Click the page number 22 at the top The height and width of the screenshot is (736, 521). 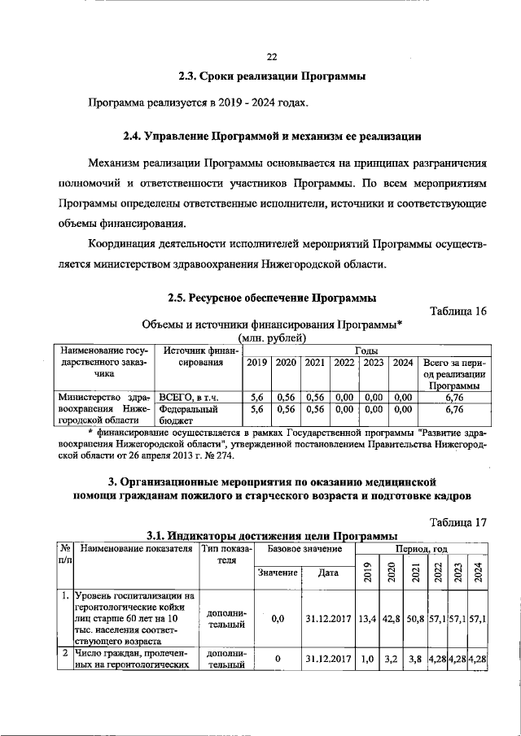point(272,56)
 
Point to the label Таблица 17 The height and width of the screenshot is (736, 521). point(457,522)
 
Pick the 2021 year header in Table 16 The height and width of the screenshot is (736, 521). point(314,363)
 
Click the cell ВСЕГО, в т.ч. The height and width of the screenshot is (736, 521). point(191,396)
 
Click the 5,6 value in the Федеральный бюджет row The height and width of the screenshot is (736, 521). point(256,410)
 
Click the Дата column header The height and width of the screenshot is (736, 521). point(328,572)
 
